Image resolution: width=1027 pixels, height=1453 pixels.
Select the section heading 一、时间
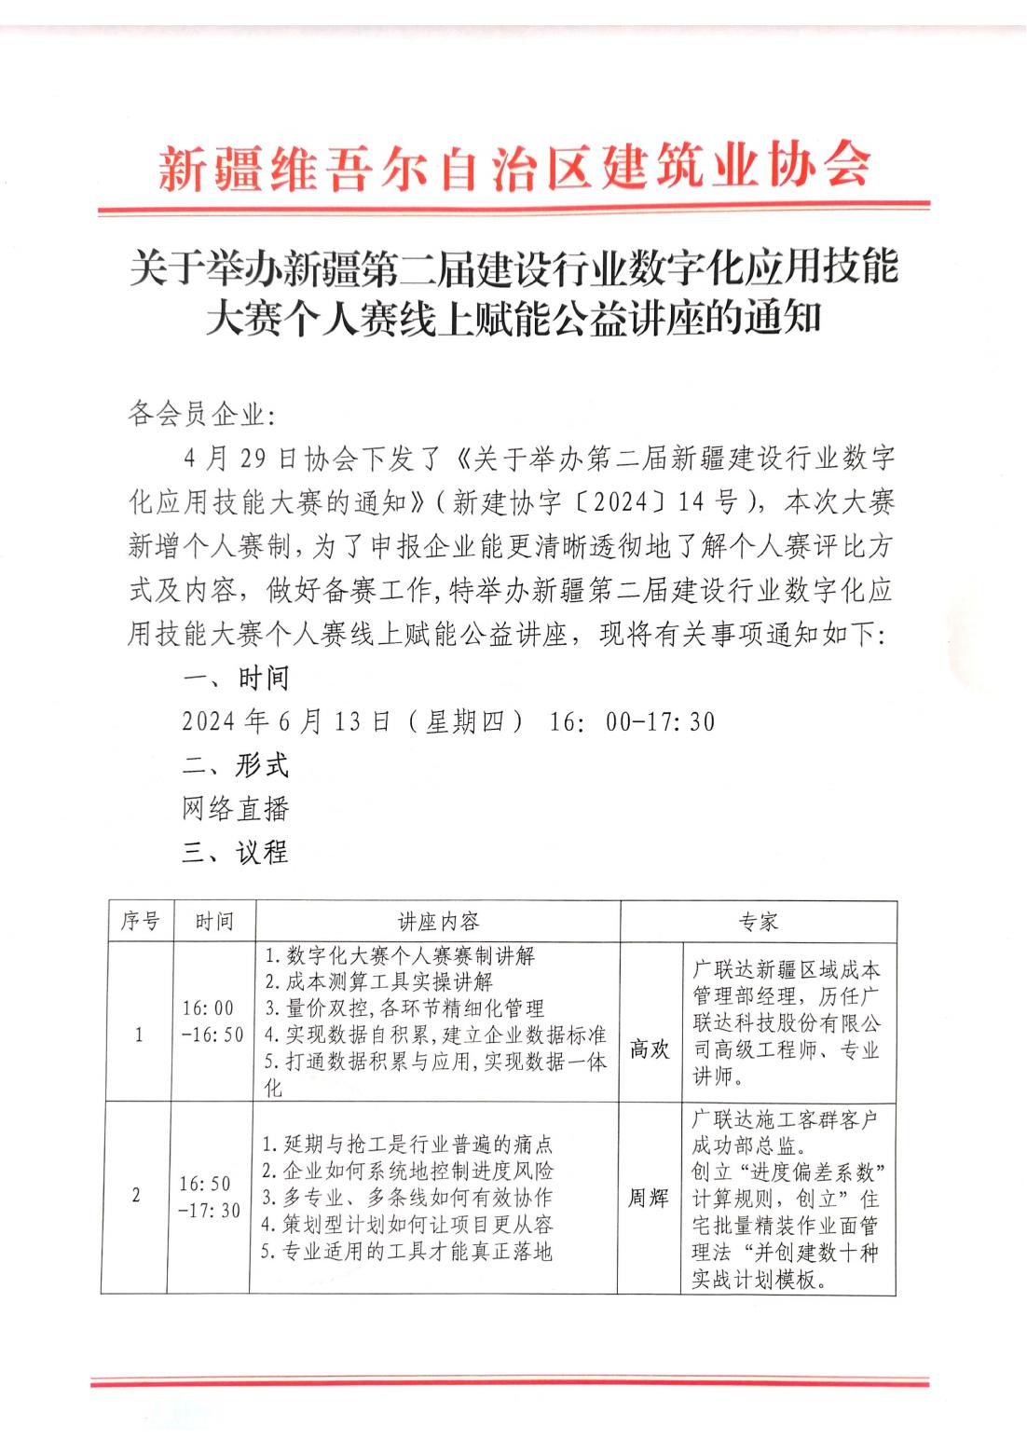point(236,679)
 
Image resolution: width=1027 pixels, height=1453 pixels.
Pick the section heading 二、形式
point(236,765)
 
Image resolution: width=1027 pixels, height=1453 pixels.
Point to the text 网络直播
point(236,808)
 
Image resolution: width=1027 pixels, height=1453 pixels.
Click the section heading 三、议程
point(236,852)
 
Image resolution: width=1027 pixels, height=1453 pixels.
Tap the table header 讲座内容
point(438,922)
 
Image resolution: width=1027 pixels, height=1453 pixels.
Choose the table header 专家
point(759,922)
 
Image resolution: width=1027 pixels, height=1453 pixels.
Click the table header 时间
point(213,922)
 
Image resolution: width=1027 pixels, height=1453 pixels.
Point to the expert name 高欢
point(650,1049)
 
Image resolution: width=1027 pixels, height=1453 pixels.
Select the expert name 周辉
point(648,1199)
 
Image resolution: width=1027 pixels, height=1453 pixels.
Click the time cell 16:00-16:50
point(212,1021)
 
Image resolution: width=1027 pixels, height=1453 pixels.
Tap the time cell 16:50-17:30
point(210,1197)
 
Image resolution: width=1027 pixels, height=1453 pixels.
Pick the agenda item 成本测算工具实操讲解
point(378,981)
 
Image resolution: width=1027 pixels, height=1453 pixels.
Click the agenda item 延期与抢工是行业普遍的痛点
point(407,1145)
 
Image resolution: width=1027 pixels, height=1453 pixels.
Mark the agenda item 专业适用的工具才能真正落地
point(406,1252)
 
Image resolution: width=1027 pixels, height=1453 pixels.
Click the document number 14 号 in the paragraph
point(707,502)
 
